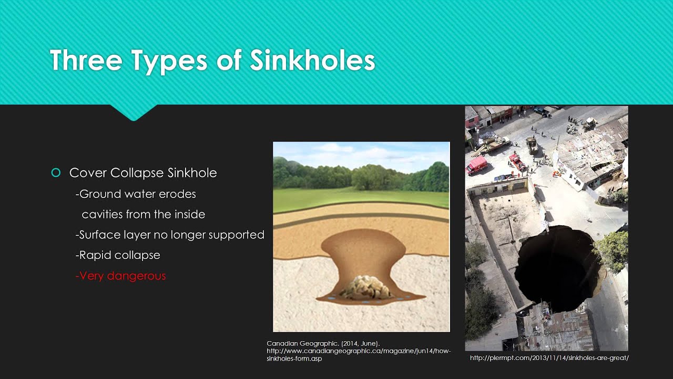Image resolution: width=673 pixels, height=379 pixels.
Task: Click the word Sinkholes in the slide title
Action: click(x=312, y=61)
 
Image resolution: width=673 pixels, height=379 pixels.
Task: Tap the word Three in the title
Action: click(x=86, y=61)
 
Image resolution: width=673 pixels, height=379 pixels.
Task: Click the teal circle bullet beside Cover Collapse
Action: click(x=56, y=173)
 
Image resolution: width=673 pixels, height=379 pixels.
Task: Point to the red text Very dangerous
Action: click(x=121, y=275)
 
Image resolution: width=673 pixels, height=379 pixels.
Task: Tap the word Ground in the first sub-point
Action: click(x=99, y=194)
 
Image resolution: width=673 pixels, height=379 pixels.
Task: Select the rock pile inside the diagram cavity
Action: click(x=365, y=287)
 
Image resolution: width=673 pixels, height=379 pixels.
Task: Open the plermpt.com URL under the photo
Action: click(x=549, y=358)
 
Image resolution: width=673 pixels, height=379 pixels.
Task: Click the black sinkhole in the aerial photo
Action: click(x=557, y=268)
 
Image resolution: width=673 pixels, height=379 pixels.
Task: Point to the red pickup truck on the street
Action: click(x=517, y=162)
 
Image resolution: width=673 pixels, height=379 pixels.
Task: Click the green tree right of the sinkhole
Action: click(x=613, y=250)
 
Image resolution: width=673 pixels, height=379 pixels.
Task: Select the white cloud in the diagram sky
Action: click(x=336, y=148)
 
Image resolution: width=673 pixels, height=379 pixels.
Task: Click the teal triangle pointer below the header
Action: click(x=133, y=112)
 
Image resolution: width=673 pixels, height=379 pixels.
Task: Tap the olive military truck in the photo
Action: click(x=532, y=145)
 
